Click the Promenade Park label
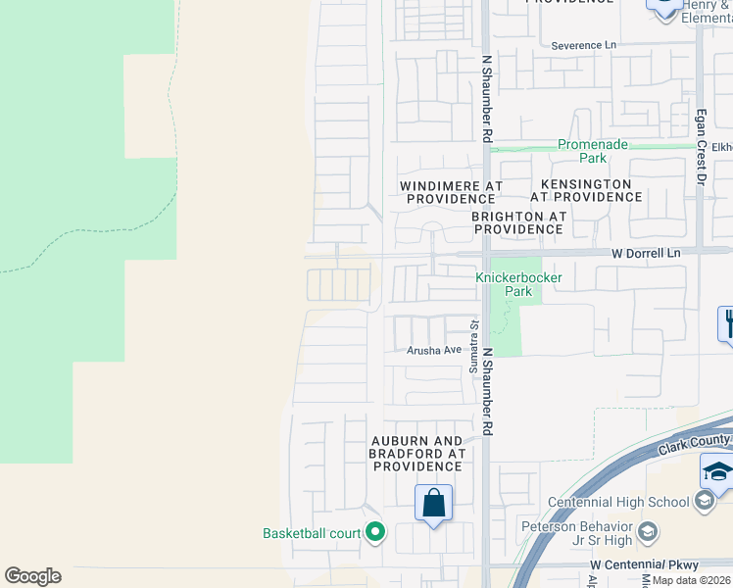[x=593, y=151]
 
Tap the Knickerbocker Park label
[x=509, y=284]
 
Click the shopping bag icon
[x=433, y=504]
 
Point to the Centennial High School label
[x=619, y=503]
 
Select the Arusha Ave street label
[x=434, y=350]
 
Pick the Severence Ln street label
[x=584, y=45]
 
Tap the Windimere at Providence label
[x=452, y=191]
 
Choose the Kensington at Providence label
[x=586, y=190]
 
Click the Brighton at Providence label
[x=518, y=222]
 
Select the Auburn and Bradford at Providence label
[x=416, y=454]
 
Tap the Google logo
[x=32, y=576]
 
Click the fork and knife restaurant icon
[x=727, y=322]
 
